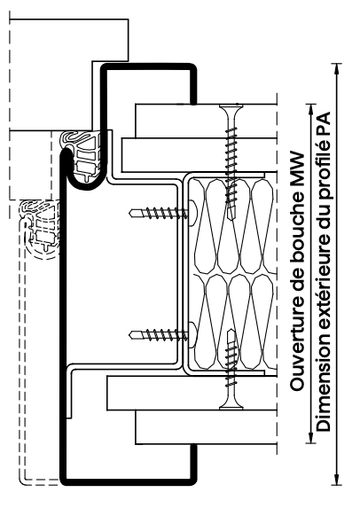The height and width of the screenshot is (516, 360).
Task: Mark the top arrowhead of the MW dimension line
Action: pyautogui.click(x=311, y=109)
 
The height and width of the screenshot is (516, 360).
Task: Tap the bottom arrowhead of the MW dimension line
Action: pyautogui.click(x=311, y=438)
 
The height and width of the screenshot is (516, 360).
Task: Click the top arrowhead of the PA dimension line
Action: pyautogui.click(x=336, y=69)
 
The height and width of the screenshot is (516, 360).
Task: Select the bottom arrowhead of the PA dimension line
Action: pyautogui.click(x=336, y=479)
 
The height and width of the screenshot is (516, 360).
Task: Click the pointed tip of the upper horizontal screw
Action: pyautogui.click(x=129, y=214)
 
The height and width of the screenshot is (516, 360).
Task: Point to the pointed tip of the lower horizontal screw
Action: pyautogui.click(x=129, y=335)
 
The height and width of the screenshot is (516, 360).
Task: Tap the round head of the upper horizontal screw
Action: pyautogui.click(x=192, y=214)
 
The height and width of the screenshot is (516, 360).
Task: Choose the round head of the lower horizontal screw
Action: pyautogui.click(x=192, y=335)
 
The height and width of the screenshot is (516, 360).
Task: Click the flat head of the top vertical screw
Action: pyautogui.click(x=231, y=106)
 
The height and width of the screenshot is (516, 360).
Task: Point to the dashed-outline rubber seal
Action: pyautogui.click(x=40, y=228)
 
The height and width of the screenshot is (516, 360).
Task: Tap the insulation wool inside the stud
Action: pyautogui.click(x=233, y=273)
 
